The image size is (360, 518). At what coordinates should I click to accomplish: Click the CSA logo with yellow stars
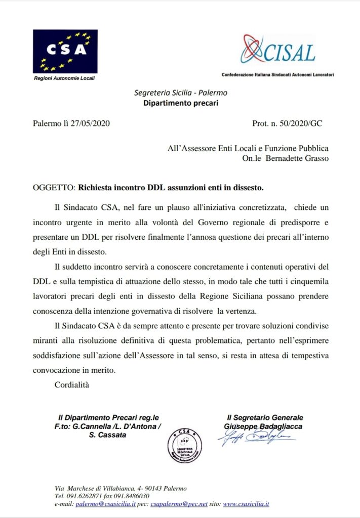(x=65, y=51)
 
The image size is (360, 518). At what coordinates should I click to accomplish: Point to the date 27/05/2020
(x=90, y=123)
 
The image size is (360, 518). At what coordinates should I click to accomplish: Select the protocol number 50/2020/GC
(x=301, y=123)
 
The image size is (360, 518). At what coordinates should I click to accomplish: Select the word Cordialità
(x=71, y=385)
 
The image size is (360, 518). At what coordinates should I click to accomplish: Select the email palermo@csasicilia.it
(x=105, y=504)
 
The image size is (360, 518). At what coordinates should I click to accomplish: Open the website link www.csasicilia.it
(x=246, y=504)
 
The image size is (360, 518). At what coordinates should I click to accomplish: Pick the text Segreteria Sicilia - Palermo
(x=180, y=93)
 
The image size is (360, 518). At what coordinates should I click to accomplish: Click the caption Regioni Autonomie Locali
(x=64, y=78)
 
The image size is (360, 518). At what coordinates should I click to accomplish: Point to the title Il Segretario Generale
(x=265, y=417)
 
